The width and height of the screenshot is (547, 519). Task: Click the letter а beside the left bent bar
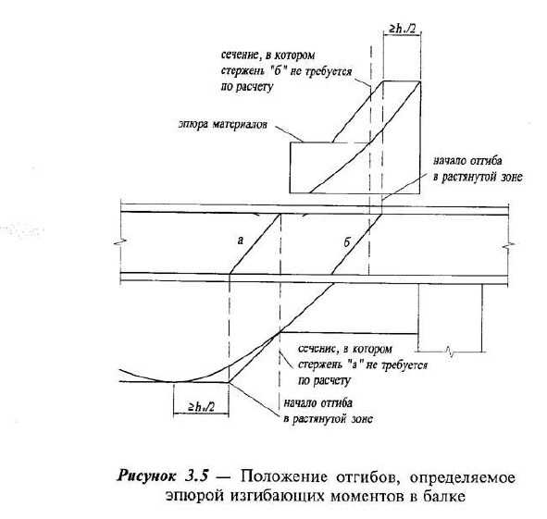click(x=241, y=241)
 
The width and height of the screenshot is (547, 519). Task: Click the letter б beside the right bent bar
click(x=347, y=242)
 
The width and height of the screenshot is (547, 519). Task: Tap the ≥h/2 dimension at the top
click(x=403, y=29)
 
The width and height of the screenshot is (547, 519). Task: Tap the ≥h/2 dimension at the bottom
click(x=202, y=406)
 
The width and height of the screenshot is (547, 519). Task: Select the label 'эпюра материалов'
click(x=223, y=125)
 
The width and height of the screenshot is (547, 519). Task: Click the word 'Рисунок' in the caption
click(x=147, y=476)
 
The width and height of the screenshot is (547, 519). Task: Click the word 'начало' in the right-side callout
click(x=450, y=161)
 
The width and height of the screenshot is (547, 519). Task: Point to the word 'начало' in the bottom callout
click(x=300, y=403)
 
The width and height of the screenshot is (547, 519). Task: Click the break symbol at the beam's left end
click(x=119, y=241)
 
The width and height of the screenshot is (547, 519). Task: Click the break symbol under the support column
click(x=450, y=352)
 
